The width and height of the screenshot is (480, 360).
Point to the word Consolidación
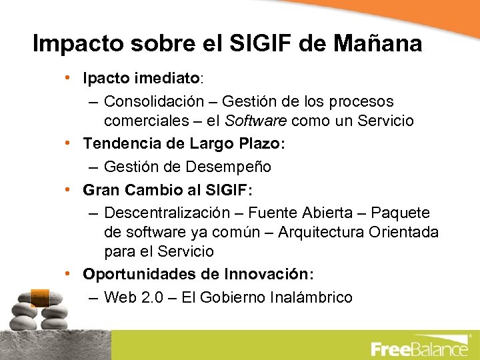[x=154, y=101]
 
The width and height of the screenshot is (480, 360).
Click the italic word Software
[x=256, y=121]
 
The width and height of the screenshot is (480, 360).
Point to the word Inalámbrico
[x=311, y=297]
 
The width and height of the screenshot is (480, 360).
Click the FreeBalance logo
[x=419, y=348]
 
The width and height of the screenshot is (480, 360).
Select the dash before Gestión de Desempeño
[x=93, y=166]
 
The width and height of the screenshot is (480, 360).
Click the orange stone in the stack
[x=39, y=295]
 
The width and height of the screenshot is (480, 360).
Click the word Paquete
[x=400, y=213]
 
